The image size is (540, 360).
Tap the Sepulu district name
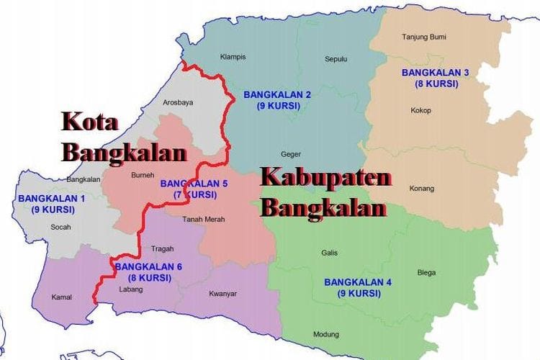pos(336,59)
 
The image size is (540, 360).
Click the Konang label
pos(422,189)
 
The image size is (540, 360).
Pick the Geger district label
pos(291,154)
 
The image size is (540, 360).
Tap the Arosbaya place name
pos(178,103)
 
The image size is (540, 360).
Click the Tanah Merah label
pos(204,220)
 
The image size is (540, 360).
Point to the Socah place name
pos(61,227)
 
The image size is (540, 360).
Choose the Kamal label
pos(62,297)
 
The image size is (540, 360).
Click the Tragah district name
pos(163,249)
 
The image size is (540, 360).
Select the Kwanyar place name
pos(222,293)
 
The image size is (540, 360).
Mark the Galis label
pos(330,253)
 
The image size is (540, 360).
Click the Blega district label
pos(426,272)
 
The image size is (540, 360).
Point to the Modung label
pos(325,334)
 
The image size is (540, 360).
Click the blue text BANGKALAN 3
pos(436,73)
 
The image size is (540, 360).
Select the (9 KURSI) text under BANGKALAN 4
pos(358,294)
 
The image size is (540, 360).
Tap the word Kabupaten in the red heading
pos(325,179)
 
